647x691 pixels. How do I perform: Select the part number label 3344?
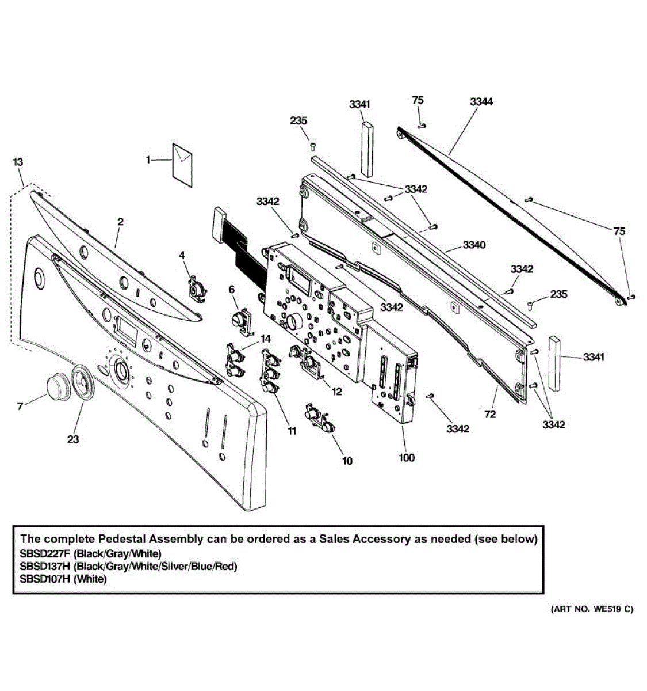[x=481, y=102]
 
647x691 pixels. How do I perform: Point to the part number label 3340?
[x=474, y=245]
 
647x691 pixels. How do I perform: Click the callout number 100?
[x=406, y=458]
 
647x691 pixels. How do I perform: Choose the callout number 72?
[x=490, y=414]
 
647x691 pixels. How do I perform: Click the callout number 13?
[x=18, y=162]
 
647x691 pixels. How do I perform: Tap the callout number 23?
[x=72, y=439]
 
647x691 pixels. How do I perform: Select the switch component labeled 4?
[x=198, y=288]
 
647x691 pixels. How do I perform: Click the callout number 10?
[x=347, y=461]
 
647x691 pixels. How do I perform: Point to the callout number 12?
[x=337, y=392]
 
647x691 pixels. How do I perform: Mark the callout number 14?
[x=265, y=339]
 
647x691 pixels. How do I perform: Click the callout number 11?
[x=292, y=431]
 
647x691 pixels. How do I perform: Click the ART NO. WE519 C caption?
[x=592, y=609]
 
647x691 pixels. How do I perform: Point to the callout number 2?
[x=120, y=222]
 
